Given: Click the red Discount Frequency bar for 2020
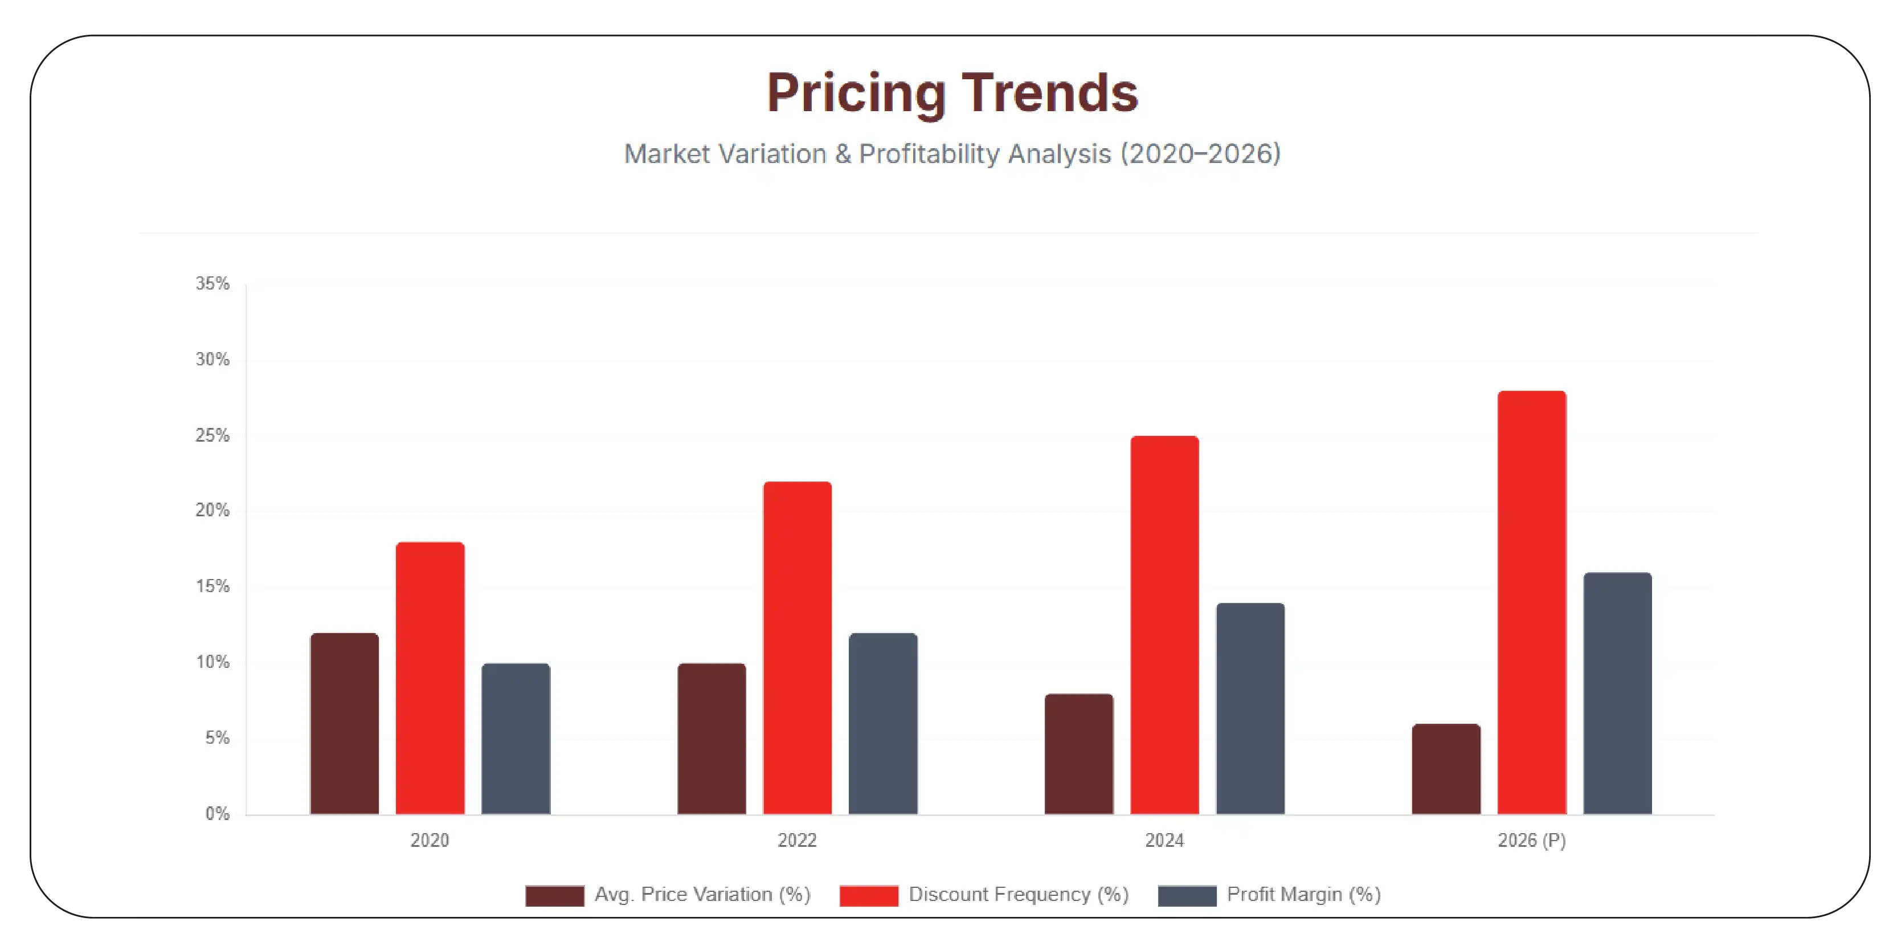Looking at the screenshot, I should click(430, 678).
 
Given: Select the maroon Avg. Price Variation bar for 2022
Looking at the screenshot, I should click(712, 738).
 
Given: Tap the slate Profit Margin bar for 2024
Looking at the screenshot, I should click(1250, 708).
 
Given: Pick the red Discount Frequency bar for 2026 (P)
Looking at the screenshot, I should click(1532, 602).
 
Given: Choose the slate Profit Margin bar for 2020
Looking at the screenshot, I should click(516, 738).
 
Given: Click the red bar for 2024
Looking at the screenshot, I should click(1164, 625).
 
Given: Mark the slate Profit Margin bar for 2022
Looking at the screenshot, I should click(883, 723).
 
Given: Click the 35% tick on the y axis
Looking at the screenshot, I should click(212, 284).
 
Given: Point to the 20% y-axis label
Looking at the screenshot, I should click(212, 511).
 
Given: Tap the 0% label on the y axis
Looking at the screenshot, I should click(217, 814).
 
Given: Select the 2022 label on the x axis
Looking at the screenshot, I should click(797, 841).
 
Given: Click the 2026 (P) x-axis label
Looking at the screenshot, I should click(1532, 841).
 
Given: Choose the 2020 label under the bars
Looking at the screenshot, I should click(430, 841).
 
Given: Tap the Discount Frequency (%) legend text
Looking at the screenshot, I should click(1019, 894).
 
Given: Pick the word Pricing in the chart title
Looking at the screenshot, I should click(856, 93).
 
